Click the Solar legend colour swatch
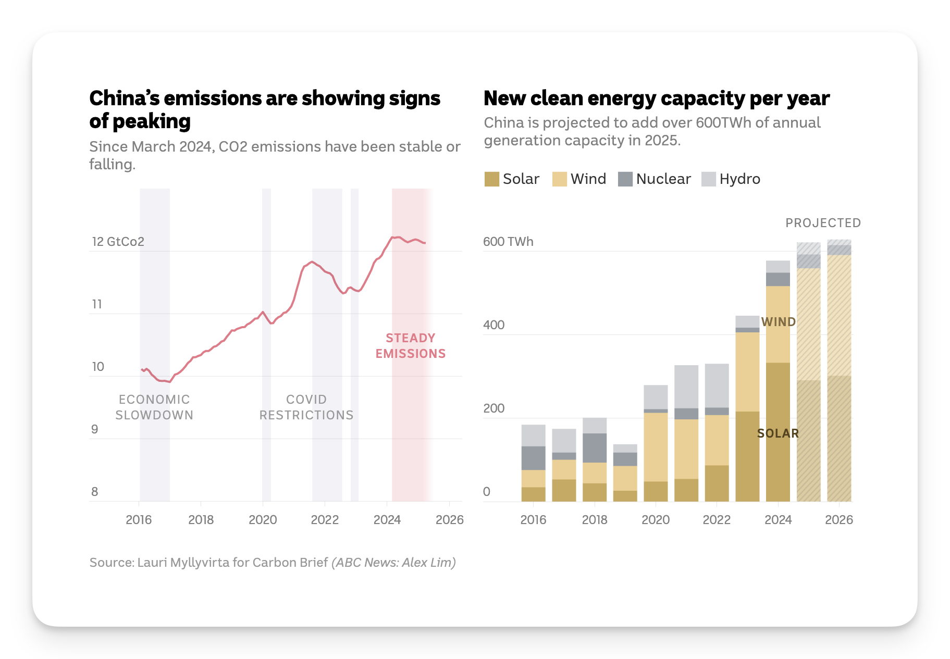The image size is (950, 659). point(491,179)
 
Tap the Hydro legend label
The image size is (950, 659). point(739,179)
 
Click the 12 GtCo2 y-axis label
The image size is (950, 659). point(118,242)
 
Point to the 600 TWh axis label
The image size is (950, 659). point(508,242)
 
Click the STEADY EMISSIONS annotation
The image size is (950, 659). point(411,346)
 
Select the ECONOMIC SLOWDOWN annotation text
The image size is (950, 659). point(154,407)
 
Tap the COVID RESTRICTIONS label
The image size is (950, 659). point(306,407)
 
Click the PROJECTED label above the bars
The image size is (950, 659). point(823,223)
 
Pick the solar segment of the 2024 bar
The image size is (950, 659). point(778,432)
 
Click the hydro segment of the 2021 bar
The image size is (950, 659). point(686,387)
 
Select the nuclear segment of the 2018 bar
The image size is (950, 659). point(595,448)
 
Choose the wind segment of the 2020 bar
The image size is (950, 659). point(656,447)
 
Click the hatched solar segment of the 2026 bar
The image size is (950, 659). point(839,439)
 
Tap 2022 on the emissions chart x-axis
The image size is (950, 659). point(325,519)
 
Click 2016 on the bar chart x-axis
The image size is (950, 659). point(533,519)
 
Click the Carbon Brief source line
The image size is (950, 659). point(273,563)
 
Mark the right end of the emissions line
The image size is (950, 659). point(425,243)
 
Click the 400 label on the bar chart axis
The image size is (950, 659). point(493,325)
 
